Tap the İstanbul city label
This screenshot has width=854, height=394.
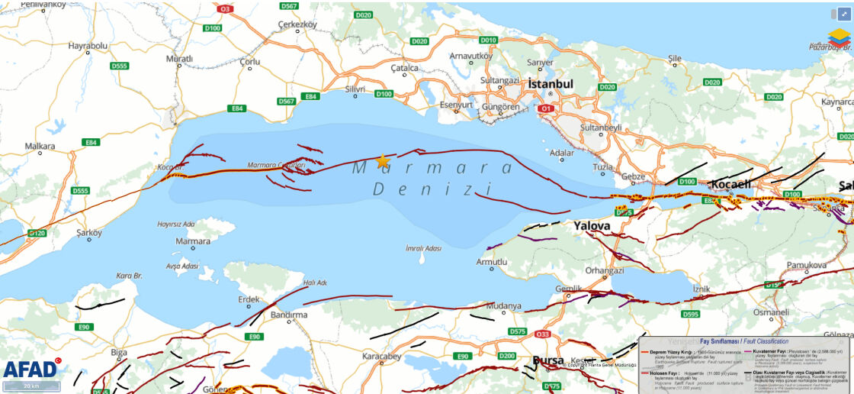pos(550,83)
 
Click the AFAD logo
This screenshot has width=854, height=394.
pos(30,369)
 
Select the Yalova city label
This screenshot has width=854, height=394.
pos(592,226)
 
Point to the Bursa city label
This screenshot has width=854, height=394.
pos(548,360)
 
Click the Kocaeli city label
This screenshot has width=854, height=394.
pos(731,184)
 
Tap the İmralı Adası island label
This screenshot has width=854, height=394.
pos(424,248)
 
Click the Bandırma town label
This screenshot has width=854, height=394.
pos(289,315)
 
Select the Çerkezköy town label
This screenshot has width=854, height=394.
pos(297,24)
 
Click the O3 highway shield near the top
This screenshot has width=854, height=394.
pos(225,9)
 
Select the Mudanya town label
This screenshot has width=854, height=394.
pos(504,305)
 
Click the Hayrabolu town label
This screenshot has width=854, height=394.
pos(88,46)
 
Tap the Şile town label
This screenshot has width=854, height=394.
pos(674,58)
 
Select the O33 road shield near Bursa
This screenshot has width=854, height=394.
pos(543,334)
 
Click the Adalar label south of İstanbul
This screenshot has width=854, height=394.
pos(562,153)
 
